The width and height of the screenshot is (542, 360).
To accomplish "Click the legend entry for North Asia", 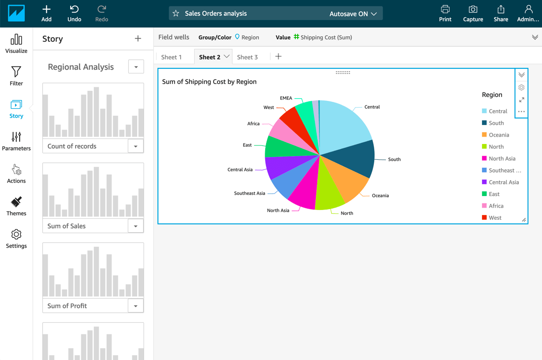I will [502, 159].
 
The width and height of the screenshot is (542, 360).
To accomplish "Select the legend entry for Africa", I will [496, 206].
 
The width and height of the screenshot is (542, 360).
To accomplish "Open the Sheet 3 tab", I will [247, 57].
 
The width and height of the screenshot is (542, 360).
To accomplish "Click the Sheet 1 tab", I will [171, 57].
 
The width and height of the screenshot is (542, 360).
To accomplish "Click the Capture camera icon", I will [473, 13].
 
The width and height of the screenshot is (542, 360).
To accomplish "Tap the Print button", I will [445, 13].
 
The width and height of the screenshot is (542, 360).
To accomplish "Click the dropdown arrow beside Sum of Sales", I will [136, 226].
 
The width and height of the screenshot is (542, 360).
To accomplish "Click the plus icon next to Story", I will [138, 39].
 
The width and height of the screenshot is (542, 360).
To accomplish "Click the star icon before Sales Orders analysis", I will [176, 13].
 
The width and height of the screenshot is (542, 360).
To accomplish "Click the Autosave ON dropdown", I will [353, 14].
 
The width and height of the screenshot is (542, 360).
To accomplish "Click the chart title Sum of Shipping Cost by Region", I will [209, 82].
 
